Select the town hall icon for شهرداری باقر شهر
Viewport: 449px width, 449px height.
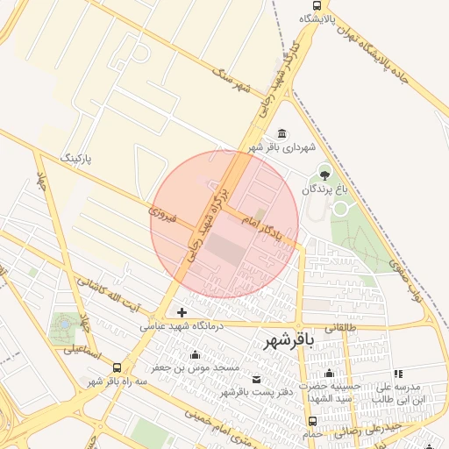(x=281, y=133)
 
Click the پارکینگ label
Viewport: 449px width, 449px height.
(x=75, y=158)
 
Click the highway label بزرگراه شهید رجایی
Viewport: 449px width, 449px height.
(x=207, y=223)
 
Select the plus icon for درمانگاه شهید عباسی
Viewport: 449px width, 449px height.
(x=182, y=312)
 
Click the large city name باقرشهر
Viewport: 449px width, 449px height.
(x=288, y=342)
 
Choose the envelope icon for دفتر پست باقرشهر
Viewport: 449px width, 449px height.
(x=256, y=378)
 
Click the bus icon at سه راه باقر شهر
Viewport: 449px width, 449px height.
(x=117, y=368)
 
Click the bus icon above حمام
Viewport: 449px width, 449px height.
(x=313, y=421)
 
